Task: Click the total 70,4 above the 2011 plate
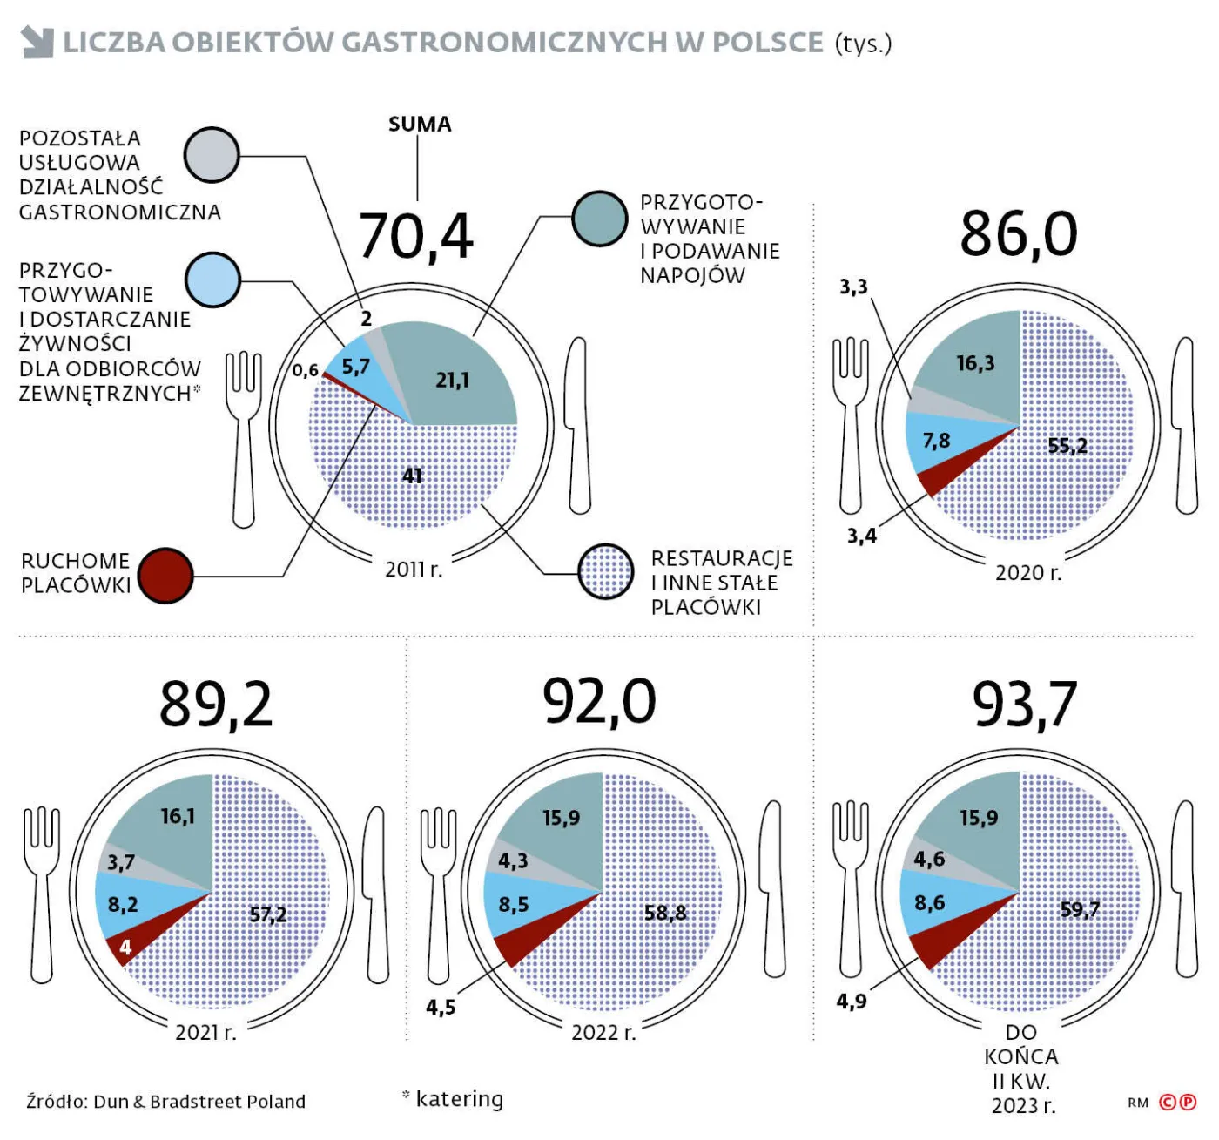point(415,237)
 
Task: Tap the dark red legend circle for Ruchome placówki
point(165,576)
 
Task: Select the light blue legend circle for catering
point(212,280)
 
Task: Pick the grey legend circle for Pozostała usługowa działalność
point(212,155)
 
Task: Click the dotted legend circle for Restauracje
point(606,571)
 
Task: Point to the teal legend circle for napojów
point(600,219)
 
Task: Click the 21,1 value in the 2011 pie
point(453,381)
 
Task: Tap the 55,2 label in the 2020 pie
point(1067,445)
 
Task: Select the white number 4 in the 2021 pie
point(126,948)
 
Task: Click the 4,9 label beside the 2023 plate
point(852,1002)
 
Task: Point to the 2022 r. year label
point(604,1033)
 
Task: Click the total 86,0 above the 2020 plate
point(1019,234)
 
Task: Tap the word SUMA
point(420,124)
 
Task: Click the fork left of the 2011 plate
point(244,439)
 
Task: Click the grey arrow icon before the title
point(37,42)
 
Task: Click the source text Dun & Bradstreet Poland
point(199,1102)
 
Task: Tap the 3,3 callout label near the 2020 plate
point(854,287)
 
